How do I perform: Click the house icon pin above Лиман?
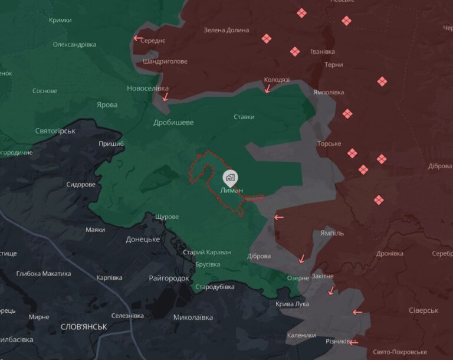[x=230, y=176]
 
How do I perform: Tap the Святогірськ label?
[x=55, y=130]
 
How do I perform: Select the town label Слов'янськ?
[x=84, y=326]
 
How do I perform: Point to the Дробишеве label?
[x=173, y=122]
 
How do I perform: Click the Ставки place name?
[x=244, y=117]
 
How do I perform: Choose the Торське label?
[x=329, y=143]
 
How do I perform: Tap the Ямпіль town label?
[x=331, y=233]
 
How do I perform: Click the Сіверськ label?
[x=424, y=310]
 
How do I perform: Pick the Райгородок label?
[x=169, y=278]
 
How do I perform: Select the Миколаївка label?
[x=193, y=318]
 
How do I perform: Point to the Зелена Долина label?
[x=226, y=30]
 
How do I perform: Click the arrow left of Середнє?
[x=137, y=38]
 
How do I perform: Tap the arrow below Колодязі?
[x=268, y=89]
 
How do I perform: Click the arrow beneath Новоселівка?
[x=166, y=96]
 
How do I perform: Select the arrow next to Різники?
[x=353, y=342]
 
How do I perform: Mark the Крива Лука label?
[x=292, y=304]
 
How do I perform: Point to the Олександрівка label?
[x=74, y=44]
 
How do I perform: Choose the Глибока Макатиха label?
[x=44, y=273]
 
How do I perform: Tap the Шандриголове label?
[x=165, y=61]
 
